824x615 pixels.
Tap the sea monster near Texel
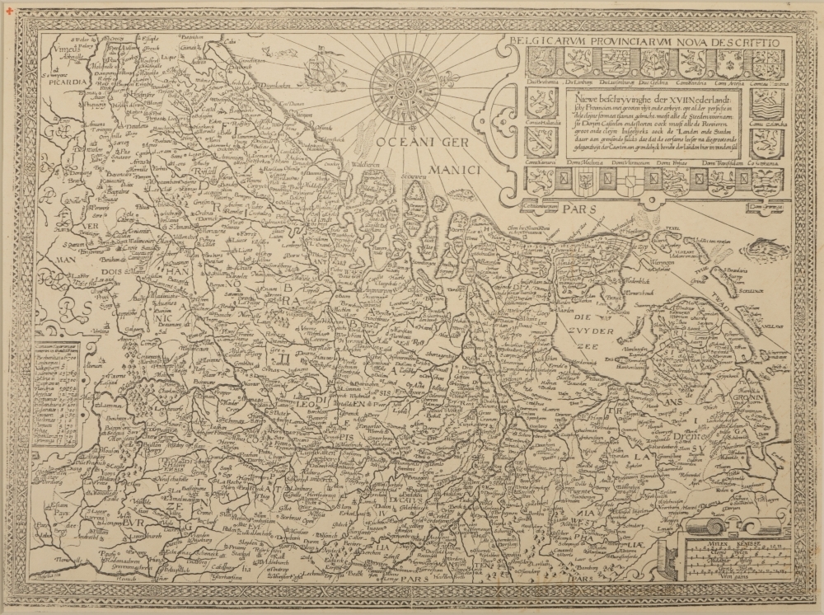(x=765, y=246)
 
